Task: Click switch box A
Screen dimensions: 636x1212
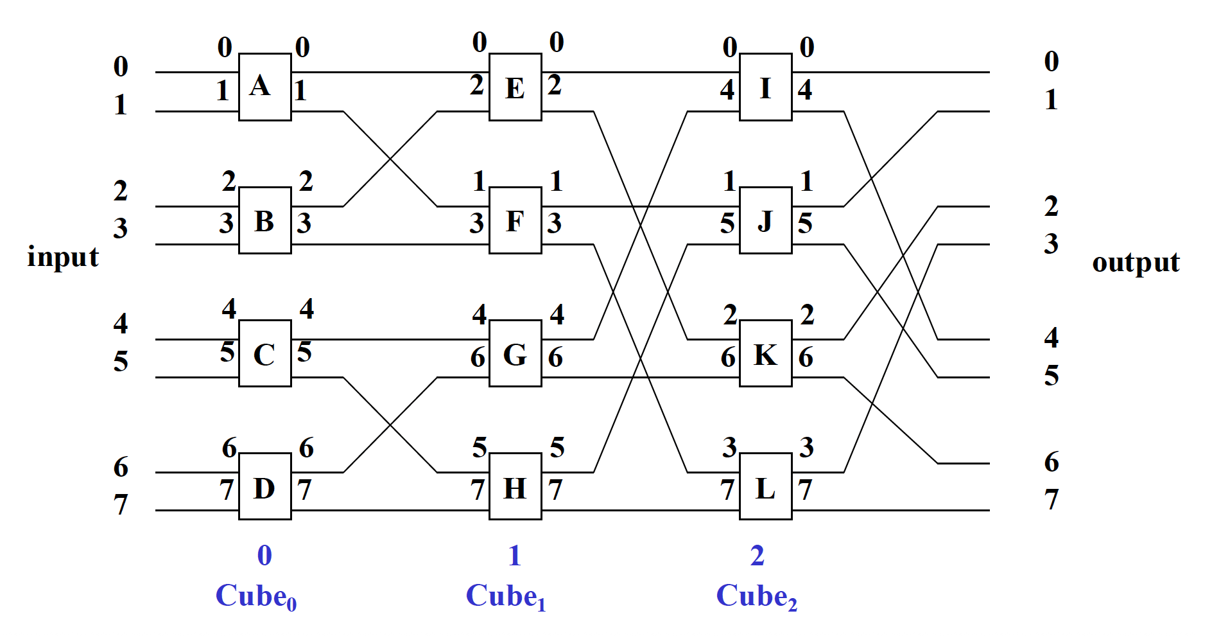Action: click(264, 87)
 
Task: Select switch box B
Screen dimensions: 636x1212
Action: click(264, 220)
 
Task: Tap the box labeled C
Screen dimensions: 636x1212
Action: click(264, 353)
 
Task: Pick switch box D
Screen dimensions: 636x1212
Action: click(264, 486)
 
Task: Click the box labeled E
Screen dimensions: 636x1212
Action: click(515, 87)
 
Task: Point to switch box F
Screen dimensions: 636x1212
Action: click(515, 220)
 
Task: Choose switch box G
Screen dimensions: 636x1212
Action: click(515, 353)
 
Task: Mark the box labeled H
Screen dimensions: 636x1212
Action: click(515, 486)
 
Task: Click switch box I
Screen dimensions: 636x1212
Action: click(765, 87)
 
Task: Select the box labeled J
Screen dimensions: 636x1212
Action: click(765, 220)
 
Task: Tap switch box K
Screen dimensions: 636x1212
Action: click(765, 353)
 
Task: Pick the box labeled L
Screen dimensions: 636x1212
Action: click(765, 486)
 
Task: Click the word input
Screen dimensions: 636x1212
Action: click(63, 258)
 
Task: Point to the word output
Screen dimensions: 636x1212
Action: click(1136, 262)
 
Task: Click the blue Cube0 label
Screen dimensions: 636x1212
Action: click(255, 597)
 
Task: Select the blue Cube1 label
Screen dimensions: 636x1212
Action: click(506, 597)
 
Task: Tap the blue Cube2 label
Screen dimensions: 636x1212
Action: click(756, 597)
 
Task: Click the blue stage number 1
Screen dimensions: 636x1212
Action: click(514, 556)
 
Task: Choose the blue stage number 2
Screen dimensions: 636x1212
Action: click(757, 556)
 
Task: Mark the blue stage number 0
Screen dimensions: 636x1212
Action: click(264, 556)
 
